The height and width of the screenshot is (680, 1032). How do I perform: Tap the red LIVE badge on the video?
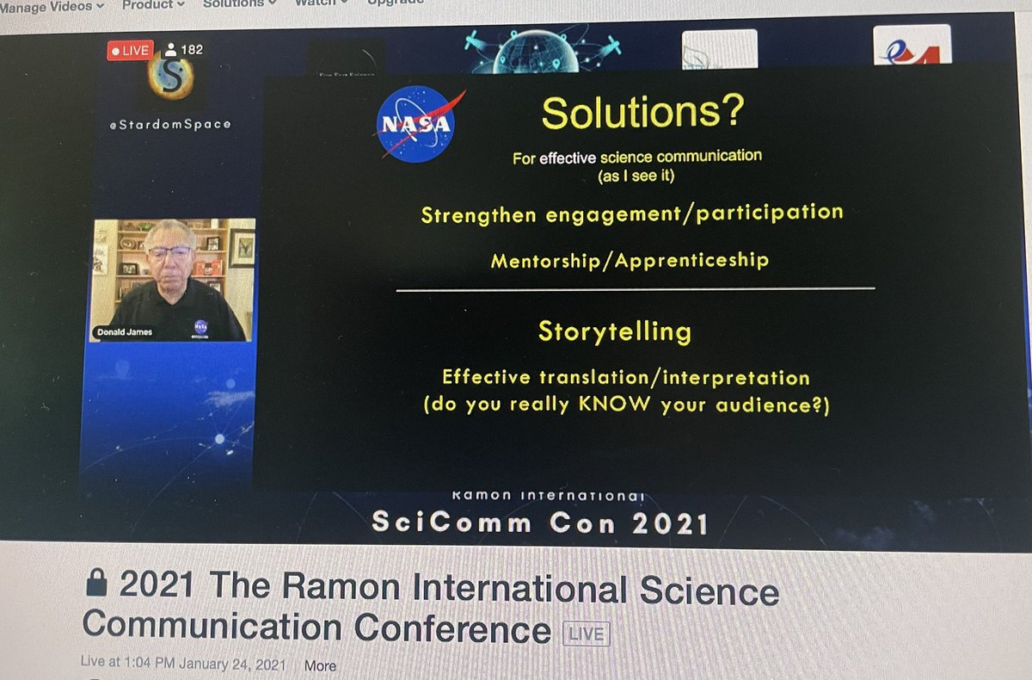pyautogui.click(x=129, y=51)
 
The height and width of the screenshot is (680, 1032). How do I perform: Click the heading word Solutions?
pyautogui.click(x=642, y=114)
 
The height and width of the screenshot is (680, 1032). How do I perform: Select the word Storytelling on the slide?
pyautogui.click(x=614, y=331)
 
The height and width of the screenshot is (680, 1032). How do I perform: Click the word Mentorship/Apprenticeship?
pyautogui.click(x=629, y=260)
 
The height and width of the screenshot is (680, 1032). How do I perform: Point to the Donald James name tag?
pyautogui.click(x=124, y=331)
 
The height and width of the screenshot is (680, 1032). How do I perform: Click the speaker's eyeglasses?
pyautogui.click(x=169, y=253)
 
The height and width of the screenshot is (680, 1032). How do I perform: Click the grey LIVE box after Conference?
pyautogui.click(x=586, y=634)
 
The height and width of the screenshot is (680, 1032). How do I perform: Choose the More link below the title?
pyautogui.click(x=320, y=665)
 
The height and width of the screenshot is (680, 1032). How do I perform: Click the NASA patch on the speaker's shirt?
pyautogui.click(x=200, y=326)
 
